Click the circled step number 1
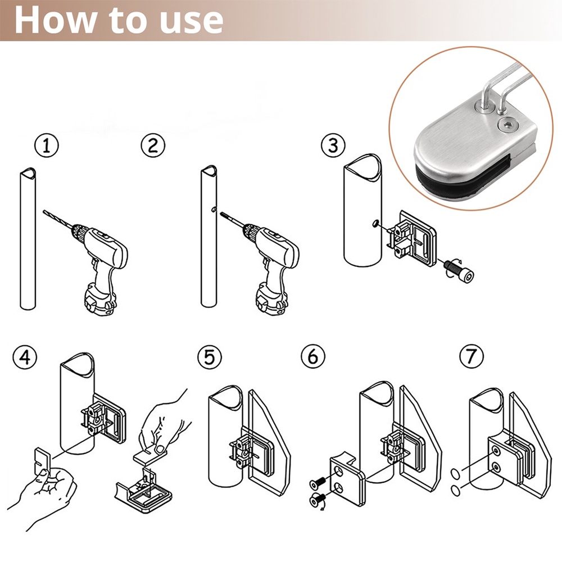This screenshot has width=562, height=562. pos(46,146)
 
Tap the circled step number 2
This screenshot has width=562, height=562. pos(153,145)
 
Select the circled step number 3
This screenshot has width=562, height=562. pos(333,145)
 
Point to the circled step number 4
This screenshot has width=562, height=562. pos(25,357)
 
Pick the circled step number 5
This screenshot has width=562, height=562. pos(210,357)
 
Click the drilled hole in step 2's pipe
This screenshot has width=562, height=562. pos(214,209)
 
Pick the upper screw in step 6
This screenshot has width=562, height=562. pos(318,483)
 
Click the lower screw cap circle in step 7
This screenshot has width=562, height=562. pos(456,490)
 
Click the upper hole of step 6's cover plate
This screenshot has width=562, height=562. pos(338,470)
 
